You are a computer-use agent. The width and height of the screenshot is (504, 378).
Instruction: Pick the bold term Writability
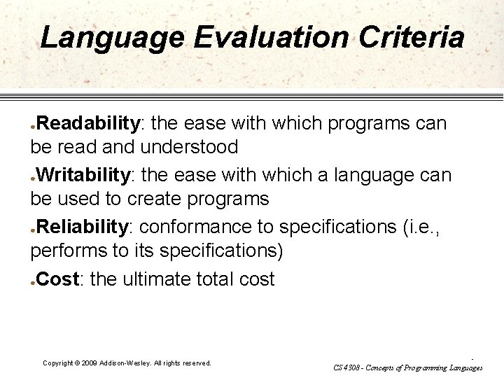(x=86, y=174)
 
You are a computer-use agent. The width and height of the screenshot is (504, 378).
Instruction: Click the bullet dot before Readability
(x=33, y=127)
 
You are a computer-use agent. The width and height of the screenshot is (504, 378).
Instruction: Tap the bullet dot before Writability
(x=33, y=176)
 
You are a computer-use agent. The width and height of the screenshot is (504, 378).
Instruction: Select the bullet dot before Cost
(x=33, y=282)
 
